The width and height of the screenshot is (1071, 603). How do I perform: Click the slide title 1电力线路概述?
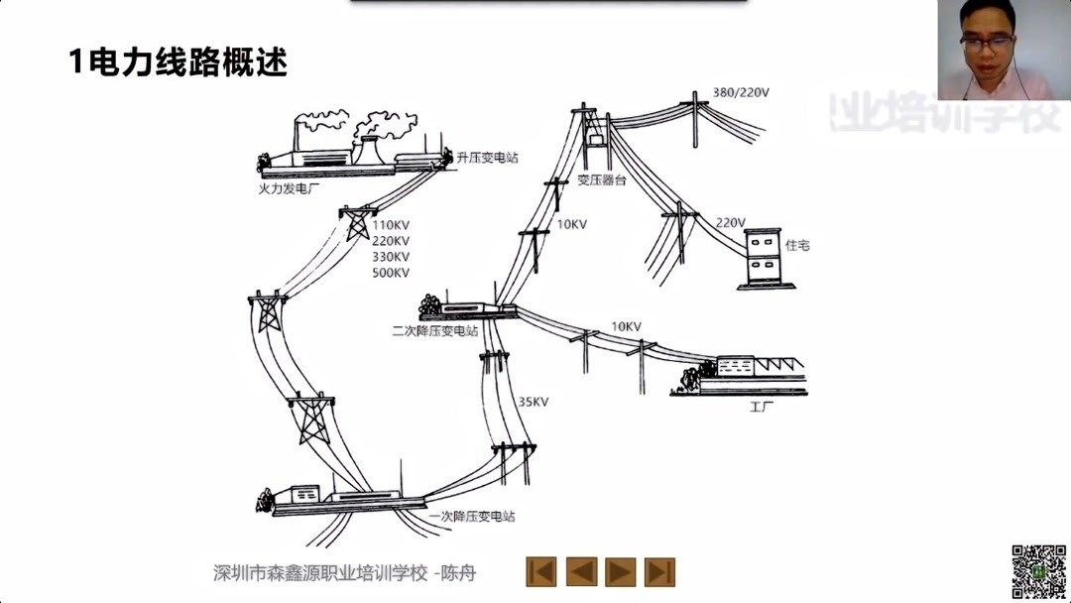[178, 62]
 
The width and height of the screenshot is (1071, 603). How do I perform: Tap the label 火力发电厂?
[285, 184]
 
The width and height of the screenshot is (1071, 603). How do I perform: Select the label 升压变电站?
[487, 158]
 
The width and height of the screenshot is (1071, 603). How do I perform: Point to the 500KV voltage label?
[391, 274]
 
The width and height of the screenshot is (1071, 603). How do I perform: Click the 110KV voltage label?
[391, 225]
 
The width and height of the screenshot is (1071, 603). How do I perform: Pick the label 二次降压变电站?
[435, 331]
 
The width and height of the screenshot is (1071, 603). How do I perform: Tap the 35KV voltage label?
[534, 403]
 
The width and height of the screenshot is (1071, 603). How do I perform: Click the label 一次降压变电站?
[472, 517]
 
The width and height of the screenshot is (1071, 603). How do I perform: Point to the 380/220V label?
[742, 93]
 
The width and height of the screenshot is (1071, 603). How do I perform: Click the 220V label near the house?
[730, 222]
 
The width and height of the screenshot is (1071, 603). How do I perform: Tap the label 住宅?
[797, 244]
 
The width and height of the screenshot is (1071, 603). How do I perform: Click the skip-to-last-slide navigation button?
[659, 571]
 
